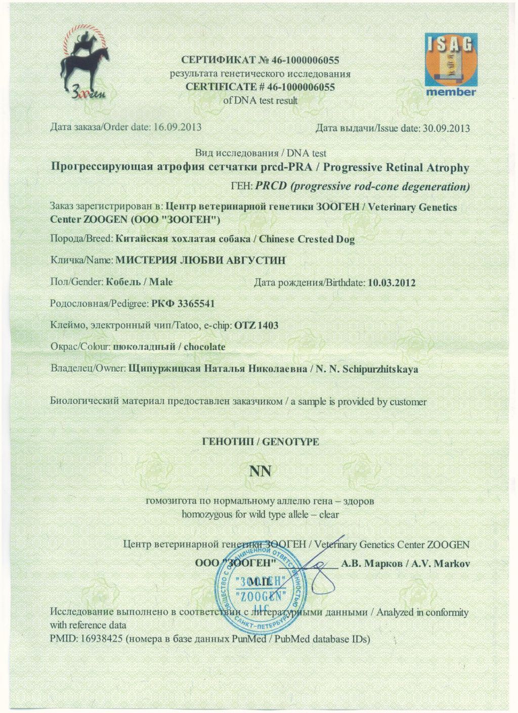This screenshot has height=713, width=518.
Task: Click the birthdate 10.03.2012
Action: pos(392,282)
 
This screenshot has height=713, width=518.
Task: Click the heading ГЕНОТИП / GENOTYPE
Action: pos(261,442)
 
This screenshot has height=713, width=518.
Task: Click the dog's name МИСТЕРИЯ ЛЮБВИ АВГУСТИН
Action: pos(201,260)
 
